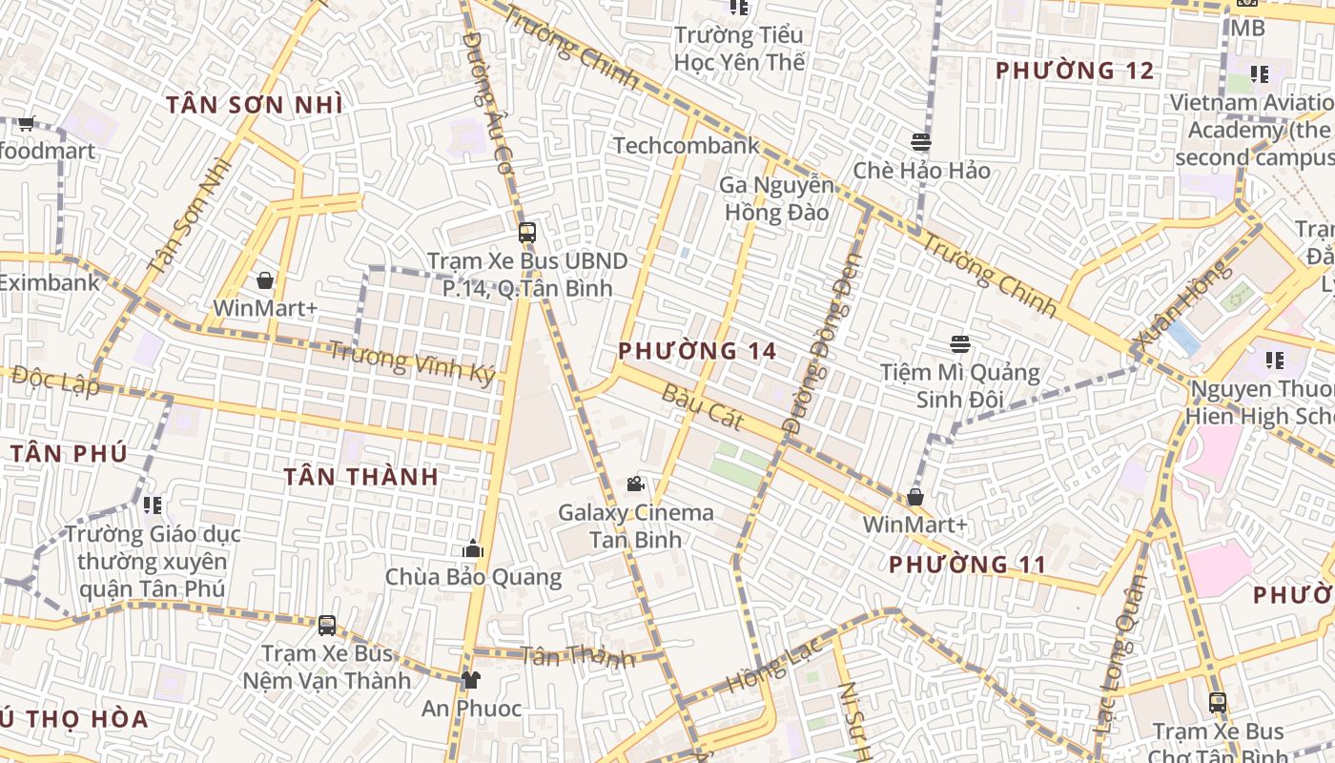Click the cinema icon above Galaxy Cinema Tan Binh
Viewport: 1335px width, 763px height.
click(x=635, y=484)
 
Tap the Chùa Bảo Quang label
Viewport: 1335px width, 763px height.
click(x=473, y=577)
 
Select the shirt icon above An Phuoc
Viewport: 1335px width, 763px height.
click(x=471, y=680)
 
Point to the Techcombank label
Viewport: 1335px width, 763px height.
click(x=687, y=145)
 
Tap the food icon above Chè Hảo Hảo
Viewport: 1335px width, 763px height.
click(x=921, y=142)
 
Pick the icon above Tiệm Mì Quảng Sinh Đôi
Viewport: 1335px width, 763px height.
click(x=959, y=344)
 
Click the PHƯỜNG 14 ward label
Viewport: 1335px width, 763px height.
click(x=697, y=351)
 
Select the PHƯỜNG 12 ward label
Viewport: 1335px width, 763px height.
click(x=1075, y=71)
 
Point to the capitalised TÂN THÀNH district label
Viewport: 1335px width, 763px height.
click(x=361, y=477)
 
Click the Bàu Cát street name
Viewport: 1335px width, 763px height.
click(x=701, y=407)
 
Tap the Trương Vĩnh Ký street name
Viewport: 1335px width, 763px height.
click(x=412, y=363)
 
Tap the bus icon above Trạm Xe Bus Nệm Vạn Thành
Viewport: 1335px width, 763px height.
click(x=327, y=626)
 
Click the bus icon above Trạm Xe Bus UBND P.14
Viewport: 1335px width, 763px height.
click(x=526, y=232)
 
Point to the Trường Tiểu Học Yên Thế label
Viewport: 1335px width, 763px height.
click(x=739, y=49)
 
